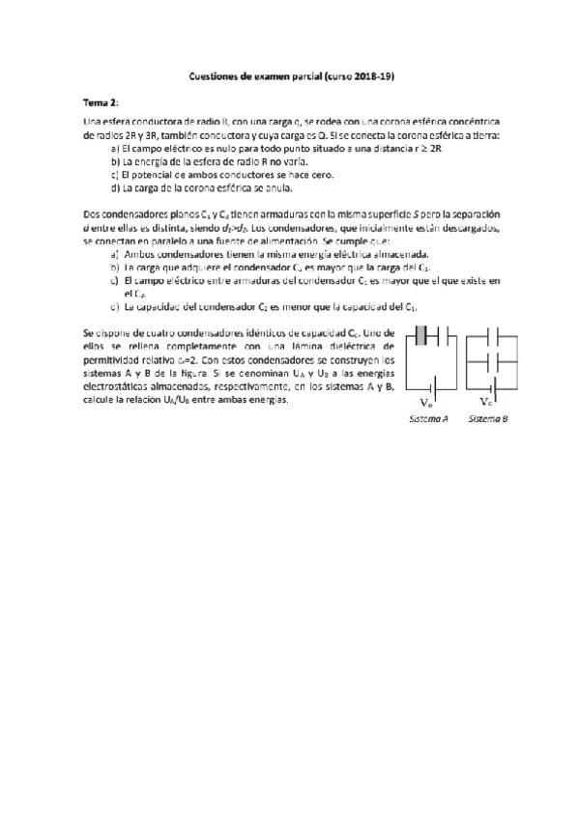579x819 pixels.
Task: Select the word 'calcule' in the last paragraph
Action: (x=101, y=399)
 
